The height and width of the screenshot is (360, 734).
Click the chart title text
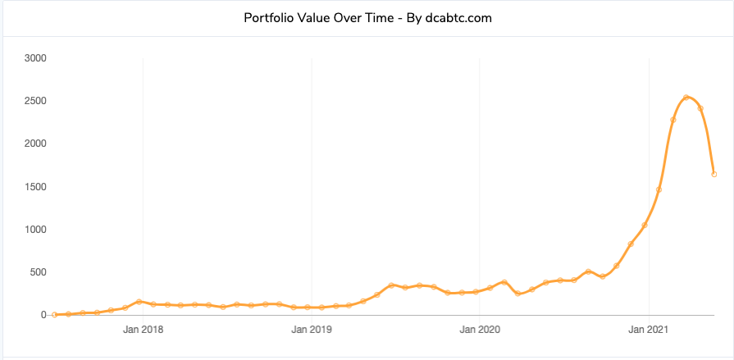367,17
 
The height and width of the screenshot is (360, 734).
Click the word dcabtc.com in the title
458,17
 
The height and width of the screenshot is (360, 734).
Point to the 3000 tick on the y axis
34,58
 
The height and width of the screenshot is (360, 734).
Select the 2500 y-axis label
34,101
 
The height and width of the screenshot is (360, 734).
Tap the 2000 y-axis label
34,144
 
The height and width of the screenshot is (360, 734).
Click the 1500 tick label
34,187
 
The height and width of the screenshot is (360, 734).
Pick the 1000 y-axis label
34,230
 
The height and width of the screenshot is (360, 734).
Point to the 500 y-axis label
37,272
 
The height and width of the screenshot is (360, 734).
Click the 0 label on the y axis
43,315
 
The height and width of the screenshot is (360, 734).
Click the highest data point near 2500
686,98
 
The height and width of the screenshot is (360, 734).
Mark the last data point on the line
714,174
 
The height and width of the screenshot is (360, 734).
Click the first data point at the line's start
54,314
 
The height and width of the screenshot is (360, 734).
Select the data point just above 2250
672,120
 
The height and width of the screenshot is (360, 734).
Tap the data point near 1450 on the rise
659,189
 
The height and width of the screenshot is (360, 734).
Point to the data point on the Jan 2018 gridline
139,302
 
